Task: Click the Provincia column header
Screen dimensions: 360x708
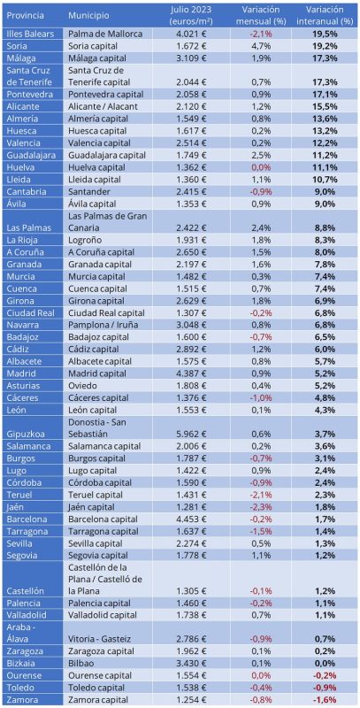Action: [26, 15]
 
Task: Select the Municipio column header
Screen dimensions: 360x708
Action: [88, 15]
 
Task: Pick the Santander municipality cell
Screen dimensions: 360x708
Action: [87, 191]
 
